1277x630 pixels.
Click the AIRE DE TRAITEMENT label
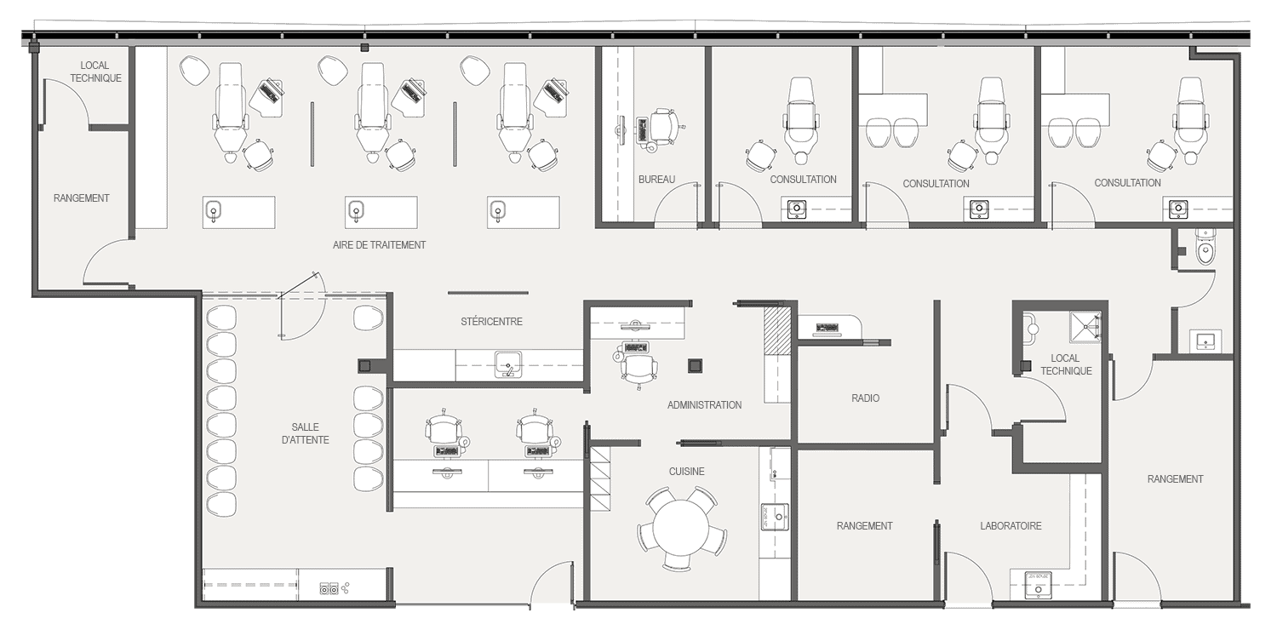[x=379, y=245]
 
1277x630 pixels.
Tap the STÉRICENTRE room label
[x=491, y=322]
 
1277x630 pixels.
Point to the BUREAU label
[x=656, y=180]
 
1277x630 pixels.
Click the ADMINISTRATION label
[x=704, y=405]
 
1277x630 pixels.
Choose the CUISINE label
[x=686, y=472]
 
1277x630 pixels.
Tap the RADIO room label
[x=865, y=398]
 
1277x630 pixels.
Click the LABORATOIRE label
[x=1011, y=526]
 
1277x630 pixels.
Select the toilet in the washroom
[x=1205, y=249]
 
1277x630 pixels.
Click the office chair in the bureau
[x=665, y=128]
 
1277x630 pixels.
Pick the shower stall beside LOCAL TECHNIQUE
[x=1085, y=327]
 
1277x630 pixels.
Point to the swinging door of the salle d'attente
[x=301, y=306]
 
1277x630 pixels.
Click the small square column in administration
[x=695, y=366]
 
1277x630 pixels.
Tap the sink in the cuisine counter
[x=774, y=517]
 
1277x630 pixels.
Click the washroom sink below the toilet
[x=1205, y=341]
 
